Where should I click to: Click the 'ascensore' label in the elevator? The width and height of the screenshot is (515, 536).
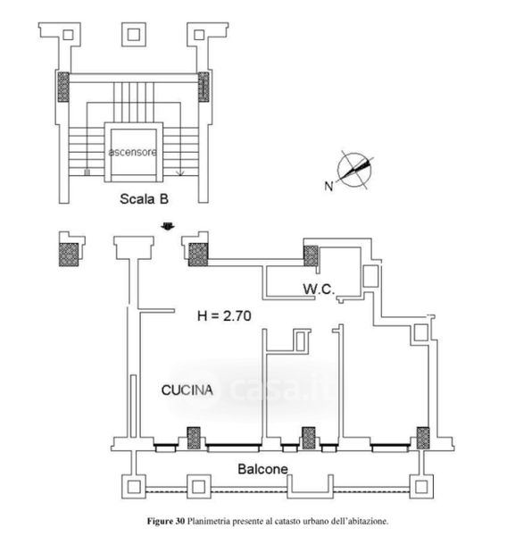[133, 152]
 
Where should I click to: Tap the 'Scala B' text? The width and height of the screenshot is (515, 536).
[144, 199]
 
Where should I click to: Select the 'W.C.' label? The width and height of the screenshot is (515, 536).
[319, 289]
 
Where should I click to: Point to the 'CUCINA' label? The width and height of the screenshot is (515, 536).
[187, 390]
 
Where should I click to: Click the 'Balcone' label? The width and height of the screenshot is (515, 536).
[262, 469]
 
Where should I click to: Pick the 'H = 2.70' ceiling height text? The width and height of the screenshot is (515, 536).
[224, 316]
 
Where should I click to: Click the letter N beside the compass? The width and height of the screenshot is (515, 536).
[328, 186]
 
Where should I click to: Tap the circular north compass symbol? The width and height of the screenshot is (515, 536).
[354, 170]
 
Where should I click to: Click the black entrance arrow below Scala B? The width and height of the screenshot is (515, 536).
[168, 226]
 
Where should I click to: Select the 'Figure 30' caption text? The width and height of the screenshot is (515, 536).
[166, 522]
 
